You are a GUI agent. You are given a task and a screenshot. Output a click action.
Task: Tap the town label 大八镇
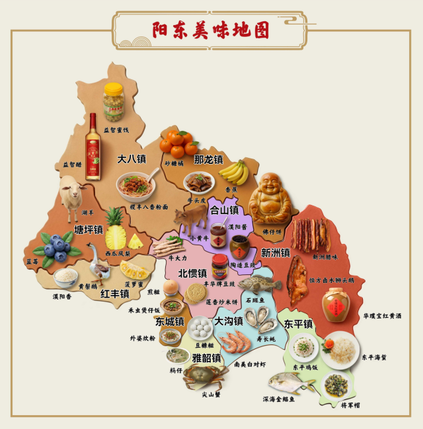tap(132, 159)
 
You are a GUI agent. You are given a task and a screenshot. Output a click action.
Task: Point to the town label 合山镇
tap(224, 210)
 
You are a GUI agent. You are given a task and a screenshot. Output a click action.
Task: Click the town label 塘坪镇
tap(88, 229)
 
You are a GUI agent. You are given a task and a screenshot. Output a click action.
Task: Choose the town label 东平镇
tap(298, 324)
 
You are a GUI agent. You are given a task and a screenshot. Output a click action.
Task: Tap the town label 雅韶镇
tap(206, 358)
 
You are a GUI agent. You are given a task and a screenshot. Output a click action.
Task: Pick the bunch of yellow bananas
tap(233, 172)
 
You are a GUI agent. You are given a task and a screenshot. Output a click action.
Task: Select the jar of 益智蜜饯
tap(114, 102)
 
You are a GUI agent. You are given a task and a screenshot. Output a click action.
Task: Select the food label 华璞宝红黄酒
tap(382, 316)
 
